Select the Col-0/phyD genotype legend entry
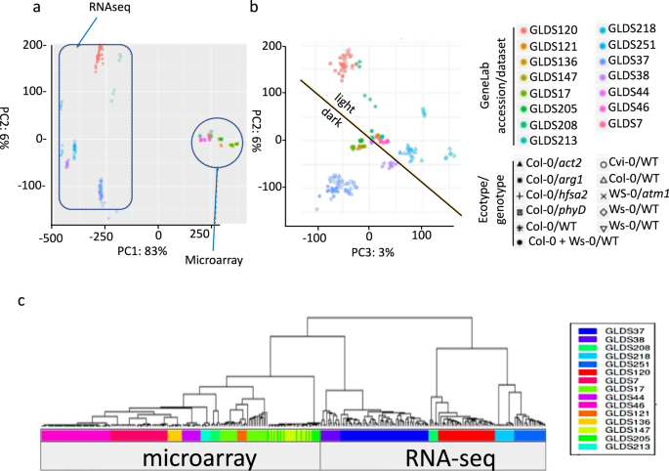click(x=551, y=208)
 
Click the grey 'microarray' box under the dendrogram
click(x=181, y=456)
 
